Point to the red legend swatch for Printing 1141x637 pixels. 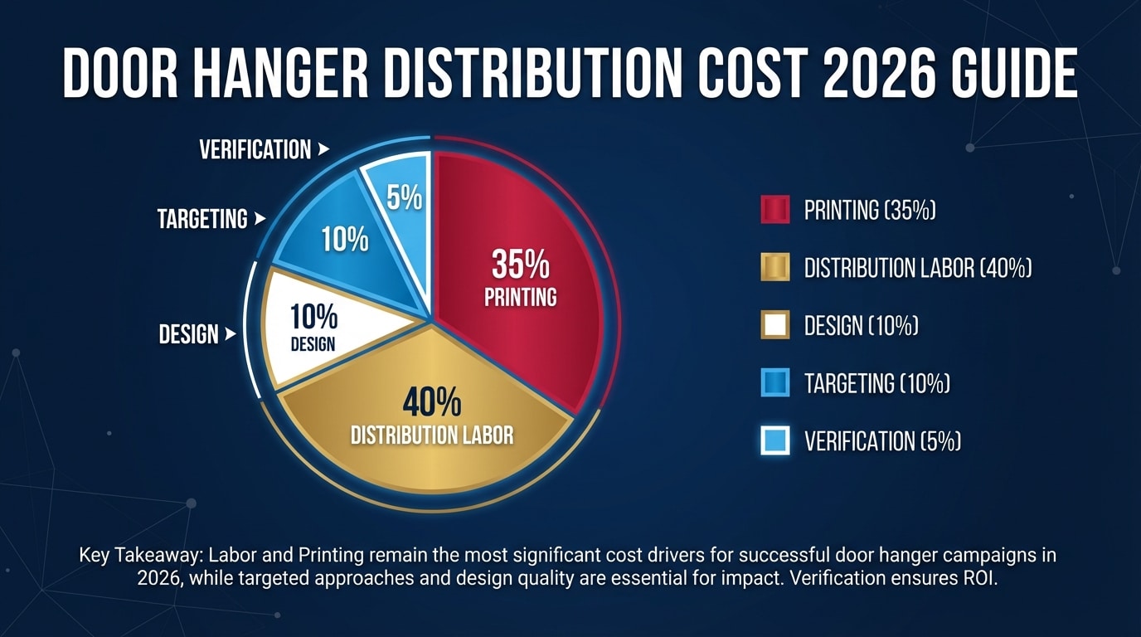[x=774, y=211]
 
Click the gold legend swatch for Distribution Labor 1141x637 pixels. [x=774, y=268]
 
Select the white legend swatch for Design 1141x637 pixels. [x=774, y=325]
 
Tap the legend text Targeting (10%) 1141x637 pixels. [x=876, y=383]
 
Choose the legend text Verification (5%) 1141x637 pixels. [x=882, y=440]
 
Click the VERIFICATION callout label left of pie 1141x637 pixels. [x=255, y=150]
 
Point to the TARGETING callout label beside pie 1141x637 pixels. [x=202, y=219]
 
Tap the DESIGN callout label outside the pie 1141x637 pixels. [x=188, y=335]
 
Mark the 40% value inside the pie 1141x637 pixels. [x=431, y=403]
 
